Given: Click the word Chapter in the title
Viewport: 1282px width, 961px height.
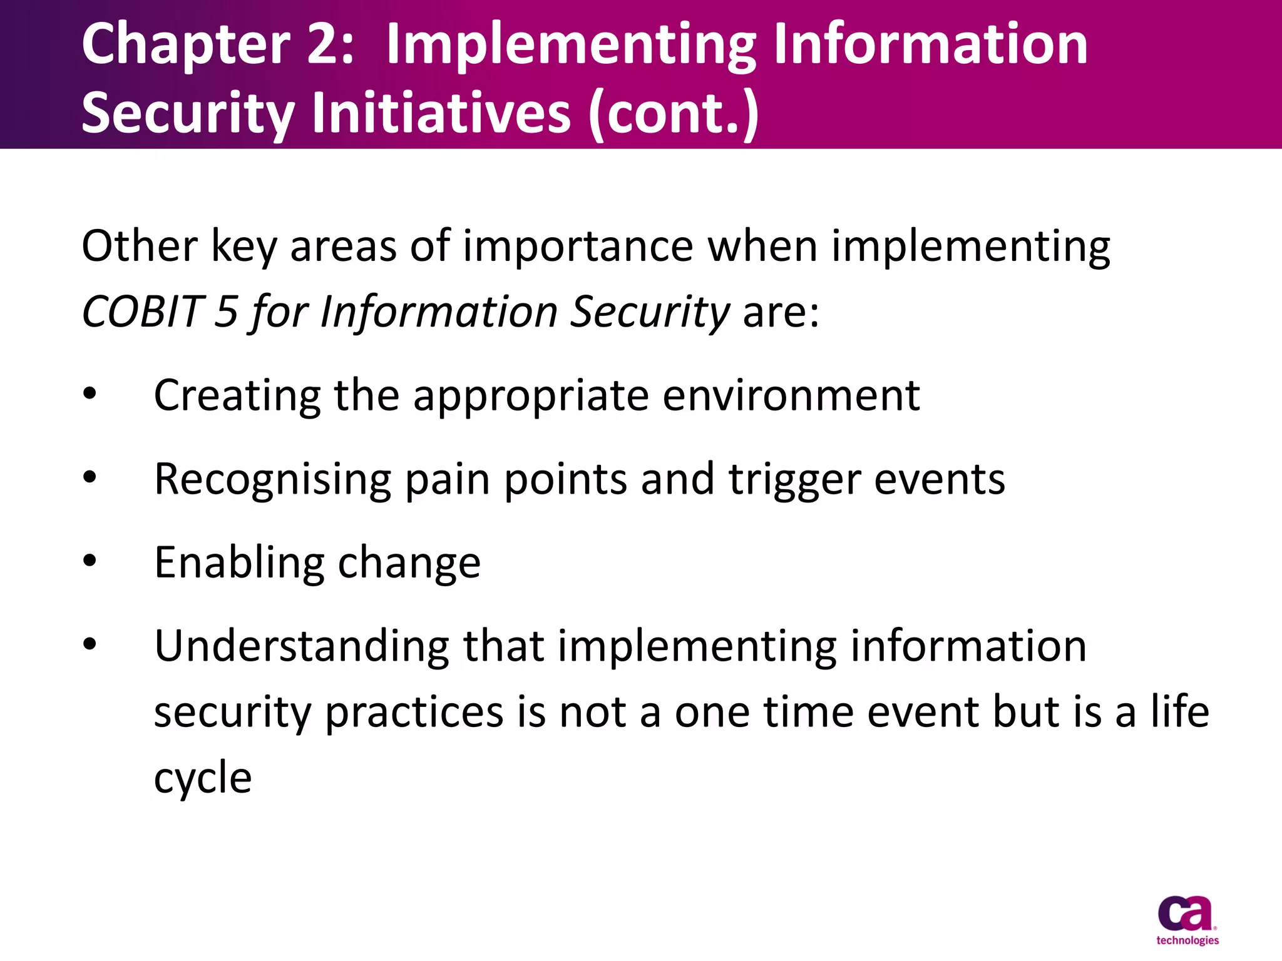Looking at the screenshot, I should click(x=185, y=45).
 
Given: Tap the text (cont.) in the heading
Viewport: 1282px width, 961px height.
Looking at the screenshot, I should click(x=674, y=113).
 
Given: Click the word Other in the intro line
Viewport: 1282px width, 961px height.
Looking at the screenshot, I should click(x=140, y=246).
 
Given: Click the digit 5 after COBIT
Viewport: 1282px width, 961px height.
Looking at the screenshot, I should click(x=226, y=312).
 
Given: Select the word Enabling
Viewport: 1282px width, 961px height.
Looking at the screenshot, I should click(x=239, y=563).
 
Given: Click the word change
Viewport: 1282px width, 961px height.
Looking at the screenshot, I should click(x=409, y=563).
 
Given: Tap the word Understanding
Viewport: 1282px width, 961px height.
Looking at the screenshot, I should click(x=302, y=646).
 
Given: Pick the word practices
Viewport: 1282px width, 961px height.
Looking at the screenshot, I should click(x=414, y=713).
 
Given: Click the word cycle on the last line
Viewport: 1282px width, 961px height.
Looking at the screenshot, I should click(x=203, y=778).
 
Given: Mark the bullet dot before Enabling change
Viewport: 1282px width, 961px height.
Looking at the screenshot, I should click(x=90, y=561).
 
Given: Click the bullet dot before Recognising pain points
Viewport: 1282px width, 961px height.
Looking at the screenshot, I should click(x=90, y=477).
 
